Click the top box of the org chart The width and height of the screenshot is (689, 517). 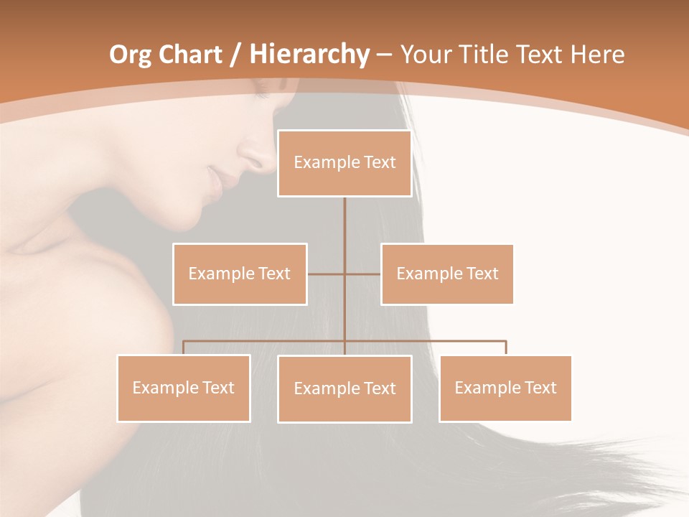pos(344,163)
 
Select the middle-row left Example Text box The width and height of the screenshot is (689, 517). pos(240,274)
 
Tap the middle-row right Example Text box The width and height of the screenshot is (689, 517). pos(447,274)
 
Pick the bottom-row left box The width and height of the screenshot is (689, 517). pos(184,388)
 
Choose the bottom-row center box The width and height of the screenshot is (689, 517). pos(344,388)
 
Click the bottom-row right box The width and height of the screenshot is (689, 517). pos(505,388)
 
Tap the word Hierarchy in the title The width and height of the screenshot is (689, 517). pos(309,55)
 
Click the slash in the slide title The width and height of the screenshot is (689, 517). pos(235,55)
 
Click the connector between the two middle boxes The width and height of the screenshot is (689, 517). pos(344,274)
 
